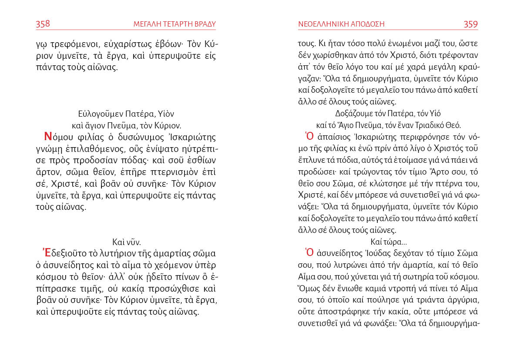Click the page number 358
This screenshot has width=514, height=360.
(43, 24)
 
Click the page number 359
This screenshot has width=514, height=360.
(470, 24)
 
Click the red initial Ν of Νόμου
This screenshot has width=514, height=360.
(48, 137)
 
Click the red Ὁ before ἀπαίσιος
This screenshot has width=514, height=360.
(310, 135)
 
